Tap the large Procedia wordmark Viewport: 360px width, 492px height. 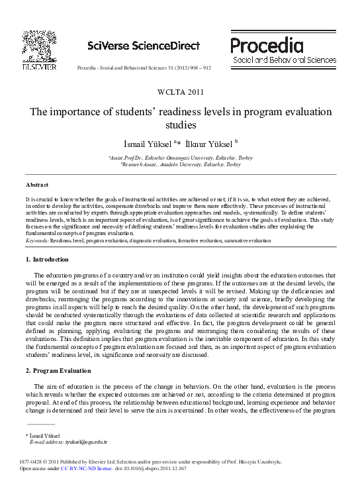[x=267, y=45]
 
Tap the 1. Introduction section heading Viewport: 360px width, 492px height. [x=46, y=259]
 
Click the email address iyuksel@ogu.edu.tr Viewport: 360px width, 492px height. [x=85, y=442]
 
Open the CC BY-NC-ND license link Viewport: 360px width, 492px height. [x=81, y=468]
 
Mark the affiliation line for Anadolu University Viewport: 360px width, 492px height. [x=181, y=164]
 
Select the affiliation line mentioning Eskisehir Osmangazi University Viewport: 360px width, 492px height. [x=180, y=158]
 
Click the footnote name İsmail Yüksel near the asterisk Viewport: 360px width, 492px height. [x=46, y=435]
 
